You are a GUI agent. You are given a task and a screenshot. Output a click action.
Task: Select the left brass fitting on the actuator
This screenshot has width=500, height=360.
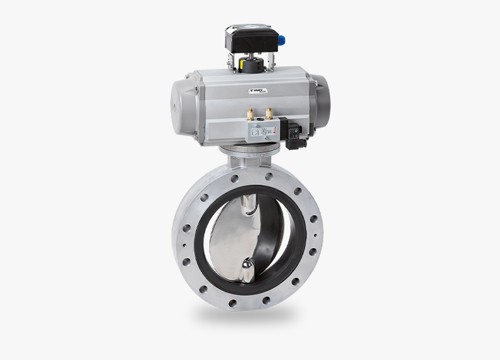click(x=251, y=114)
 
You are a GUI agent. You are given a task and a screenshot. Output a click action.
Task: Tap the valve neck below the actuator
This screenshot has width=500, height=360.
click(x=250, y=156)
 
